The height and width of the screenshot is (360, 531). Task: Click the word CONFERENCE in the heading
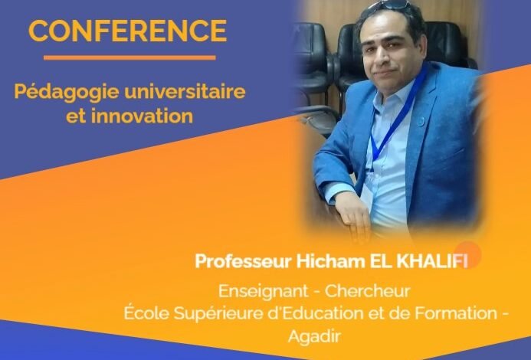pos(128,31)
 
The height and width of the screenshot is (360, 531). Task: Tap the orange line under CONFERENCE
pos(129,57)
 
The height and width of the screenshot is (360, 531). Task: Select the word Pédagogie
pos(67,93)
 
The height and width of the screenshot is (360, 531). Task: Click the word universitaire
pos(185,91)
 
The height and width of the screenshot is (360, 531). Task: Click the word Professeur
pos(243,261)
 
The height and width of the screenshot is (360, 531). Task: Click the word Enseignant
pos(264,292)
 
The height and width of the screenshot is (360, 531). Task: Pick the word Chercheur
pos(367,291)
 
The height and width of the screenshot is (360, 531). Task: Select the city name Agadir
pos(314,336)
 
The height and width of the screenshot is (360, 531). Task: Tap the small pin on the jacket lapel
pos(420,121)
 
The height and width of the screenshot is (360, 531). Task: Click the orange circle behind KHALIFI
pos(468,254)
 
